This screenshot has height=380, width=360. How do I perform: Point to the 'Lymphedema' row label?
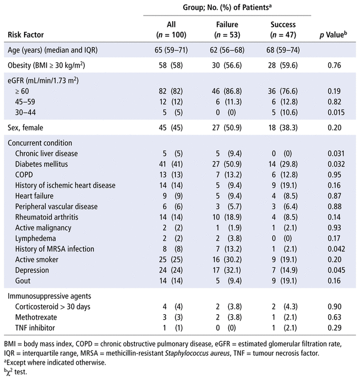pyautogui.click(x=34, y=239)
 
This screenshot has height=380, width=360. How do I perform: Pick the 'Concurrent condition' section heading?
pyautogui.click(x=40, y=143)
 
